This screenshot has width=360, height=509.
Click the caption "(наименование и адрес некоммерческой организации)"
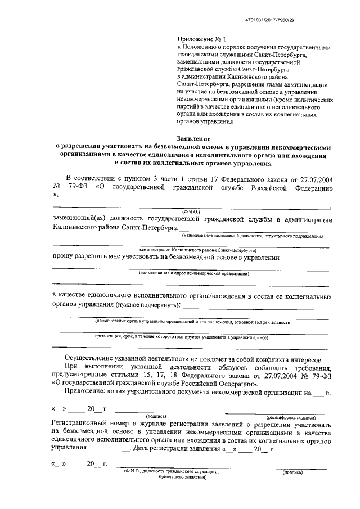tap(194, 273)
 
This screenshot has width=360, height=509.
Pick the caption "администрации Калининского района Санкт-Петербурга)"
tap(197, 248)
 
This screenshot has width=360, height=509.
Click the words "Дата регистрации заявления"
tap(177, 449)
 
